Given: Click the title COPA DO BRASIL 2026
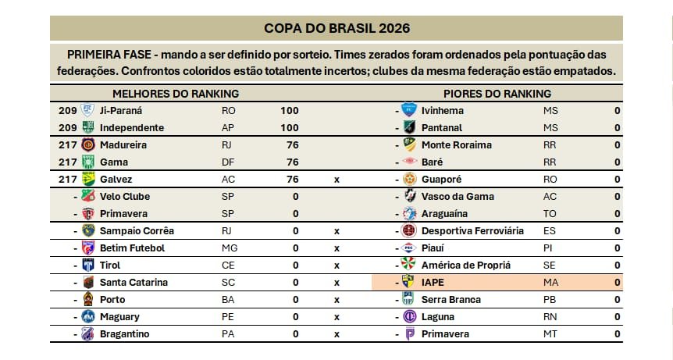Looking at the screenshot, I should point(336,28).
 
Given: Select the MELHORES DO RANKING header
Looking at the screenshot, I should point(175,94).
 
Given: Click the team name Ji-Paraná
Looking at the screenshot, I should point(121,111).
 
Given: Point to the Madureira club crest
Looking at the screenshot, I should point(88,145).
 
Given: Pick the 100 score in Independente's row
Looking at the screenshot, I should point(289,128).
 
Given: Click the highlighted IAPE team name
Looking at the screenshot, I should point(433,283).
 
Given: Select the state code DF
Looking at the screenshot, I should point(228,162).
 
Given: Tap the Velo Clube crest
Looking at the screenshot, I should point(88,197).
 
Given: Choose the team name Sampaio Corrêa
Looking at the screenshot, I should point(137,231).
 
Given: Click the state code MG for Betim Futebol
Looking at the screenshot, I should point(229,248).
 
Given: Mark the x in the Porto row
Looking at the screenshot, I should point(336,300).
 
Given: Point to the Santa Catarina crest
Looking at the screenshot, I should point(88,283).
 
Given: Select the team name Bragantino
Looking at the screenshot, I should point(124,334).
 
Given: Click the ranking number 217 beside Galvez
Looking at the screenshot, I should point(67,180).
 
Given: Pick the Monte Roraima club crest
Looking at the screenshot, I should point(409,145).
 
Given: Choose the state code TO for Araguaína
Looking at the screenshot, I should point(549,214).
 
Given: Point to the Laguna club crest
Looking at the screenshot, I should point(409,317).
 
